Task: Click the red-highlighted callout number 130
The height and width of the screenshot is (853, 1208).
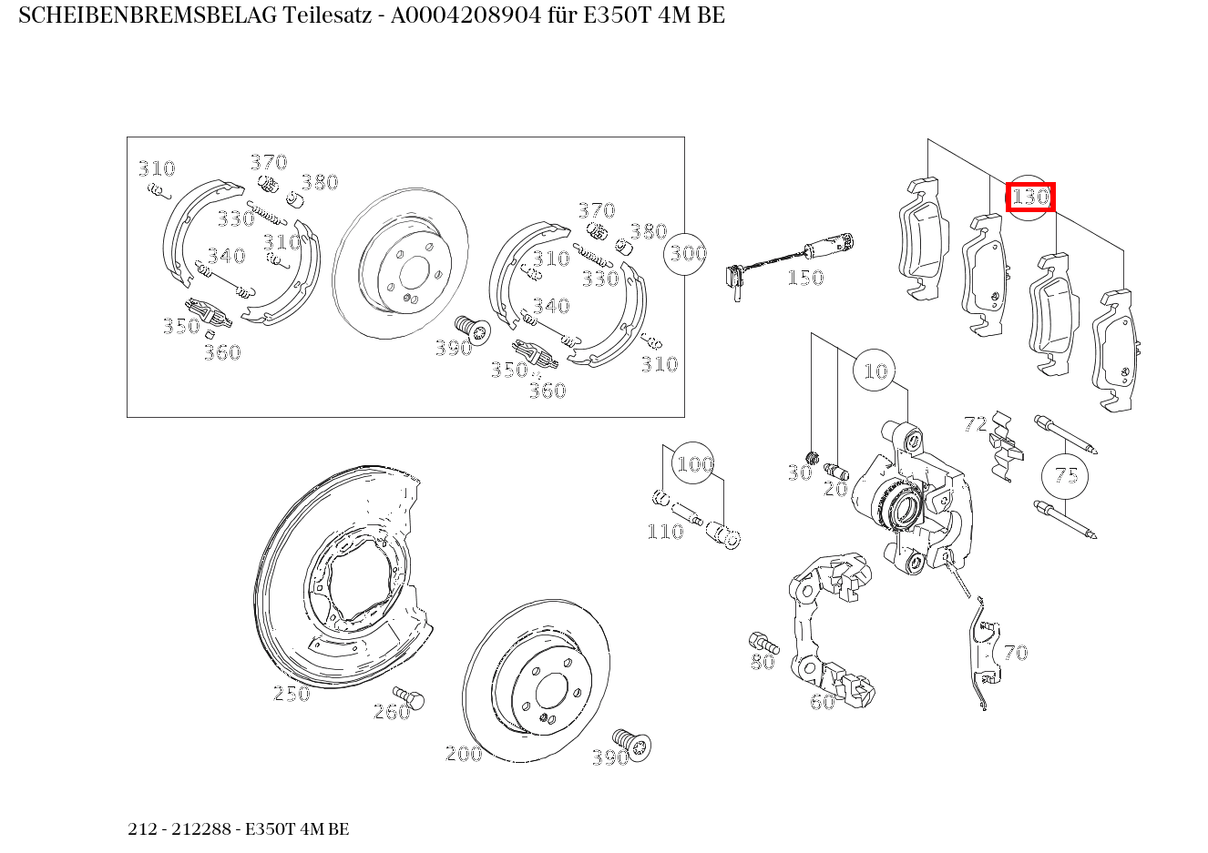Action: (x=1030, y=197)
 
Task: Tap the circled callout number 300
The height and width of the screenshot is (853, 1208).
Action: (x=688, y=252)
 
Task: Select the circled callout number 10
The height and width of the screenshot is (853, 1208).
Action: (x=875, y=371)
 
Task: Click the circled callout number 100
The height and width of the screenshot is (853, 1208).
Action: (x=694, y=464)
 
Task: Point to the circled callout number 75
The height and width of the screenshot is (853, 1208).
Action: (x=1066, y=475)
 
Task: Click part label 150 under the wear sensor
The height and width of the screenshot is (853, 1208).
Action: (x=804, y=278)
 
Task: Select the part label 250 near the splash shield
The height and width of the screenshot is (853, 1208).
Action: (x=292, y=694)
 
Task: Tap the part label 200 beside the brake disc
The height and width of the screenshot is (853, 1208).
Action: (x=463, y=754)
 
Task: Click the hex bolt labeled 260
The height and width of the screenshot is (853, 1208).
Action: (x=413, y=699)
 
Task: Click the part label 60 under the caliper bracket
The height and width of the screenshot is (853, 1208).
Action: (x=822, y=702)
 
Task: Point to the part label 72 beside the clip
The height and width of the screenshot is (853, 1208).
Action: (x=975, y=423)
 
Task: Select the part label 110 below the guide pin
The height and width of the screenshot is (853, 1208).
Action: (x=665, y=532)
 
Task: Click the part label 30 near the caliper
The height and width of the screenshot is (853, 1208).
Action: (x=799, y=472)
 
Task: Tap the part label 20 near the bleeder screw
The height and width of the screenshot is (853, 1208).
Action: (x=835, y=489)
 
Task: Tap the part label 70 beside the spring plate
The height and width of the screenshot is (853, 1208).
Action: (x=1015, y=653)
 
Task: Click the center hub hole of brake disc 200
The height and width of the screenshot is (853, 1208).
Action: (x=549, y=692)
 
